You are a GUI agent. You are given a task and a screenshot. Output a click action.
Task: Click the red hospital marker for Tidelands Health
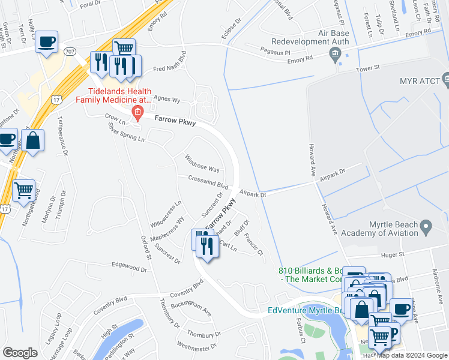(x=138, y=112)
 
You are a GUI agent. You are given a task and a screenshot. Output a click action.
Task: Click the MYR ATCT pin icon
(x=445, y=79)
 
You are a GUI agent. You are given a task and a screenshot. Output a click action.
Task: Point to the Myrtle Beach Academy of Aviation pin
(x=426, y=227)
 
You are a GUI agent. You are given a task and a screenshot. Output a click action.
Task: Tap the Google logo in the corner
(x=20, y=353)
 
